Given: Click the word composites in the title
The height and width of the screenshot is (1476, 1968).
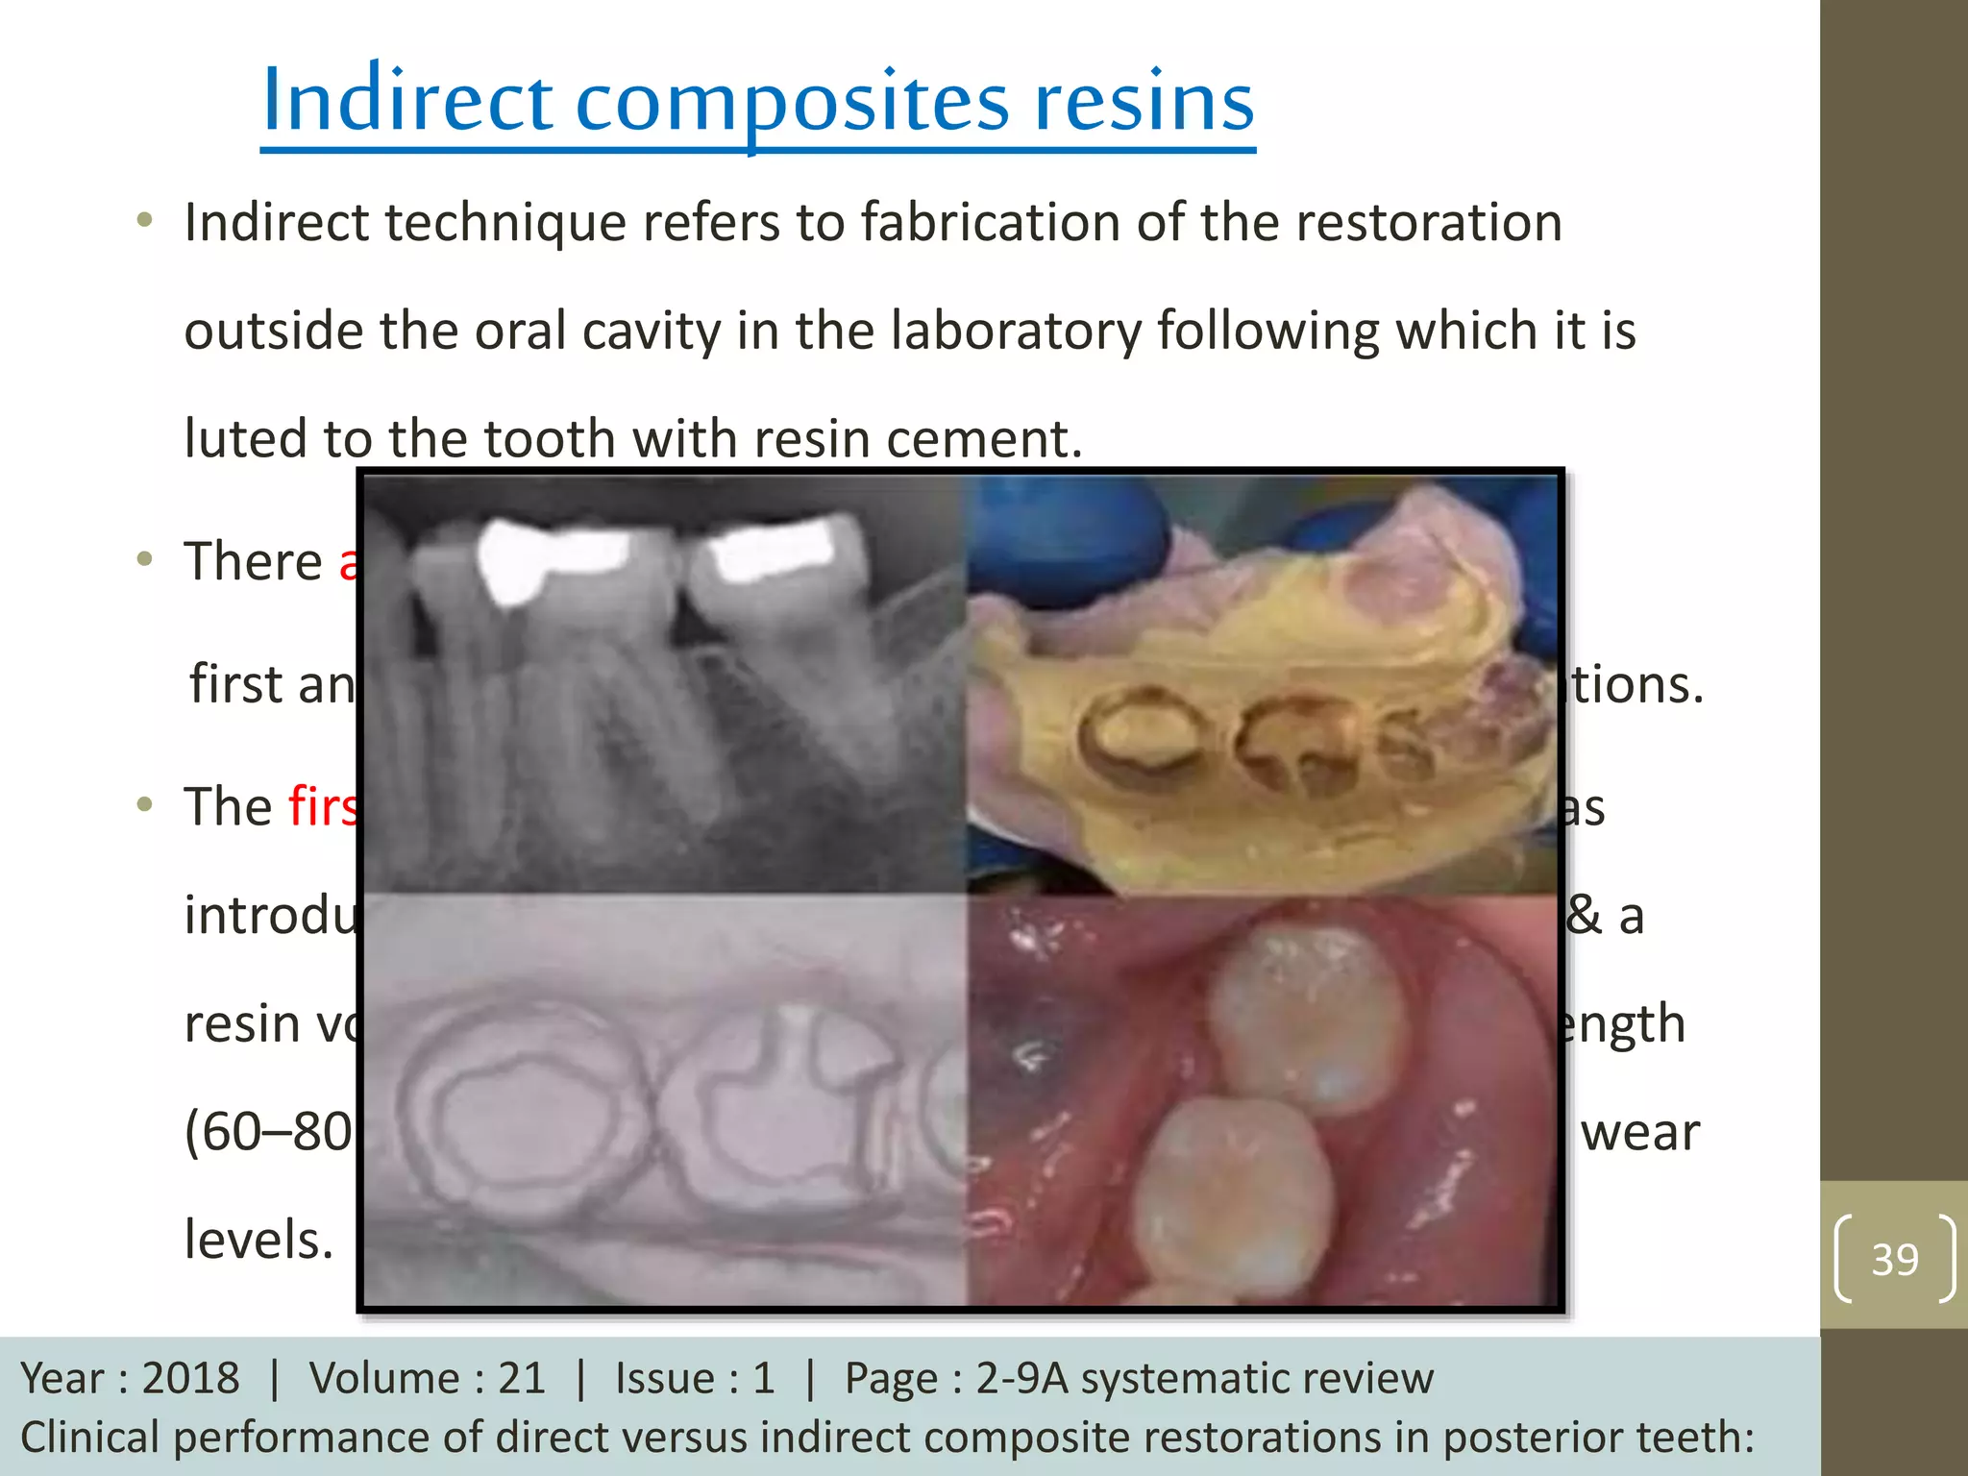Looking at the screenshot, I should pyautogui.click(x=792, y=103).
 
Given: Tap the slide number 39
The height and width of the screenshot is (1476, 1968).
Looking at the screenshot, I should pyautogui.click(x=1894, y=1259).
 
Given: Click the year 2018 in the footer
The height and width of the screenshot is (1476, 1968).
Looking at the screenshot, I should pyautogui.click(x=190, y=1378).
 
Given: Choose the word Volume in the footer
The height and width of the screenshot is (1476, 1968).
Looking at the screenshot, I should pyautogui.click(x=383, y=1378).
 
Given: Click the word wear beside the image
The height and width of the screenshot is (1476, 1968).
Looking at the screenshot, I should pyautogui.click(x=1639, y=1133).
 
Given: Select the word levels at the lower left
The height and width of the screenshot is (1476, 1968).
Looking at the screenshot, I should pyautogui.click(x=258, y=1240).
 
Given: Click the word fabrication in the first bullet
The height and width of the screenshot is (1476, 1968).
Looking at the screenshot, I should pyautogui.click(x=990, y=223).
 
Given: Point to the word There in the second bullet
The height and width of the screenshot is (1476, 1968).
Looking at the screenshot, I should pyautogui.click(x=254, y=561).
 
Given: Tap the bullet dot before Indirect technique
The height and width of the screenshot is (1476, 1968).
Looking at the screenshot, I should pyautogui.click(x=145, y=221).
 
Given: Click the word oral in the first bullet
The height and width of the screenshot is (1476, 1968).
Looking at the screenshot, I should pyautogui.click(x=519, y=332).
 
